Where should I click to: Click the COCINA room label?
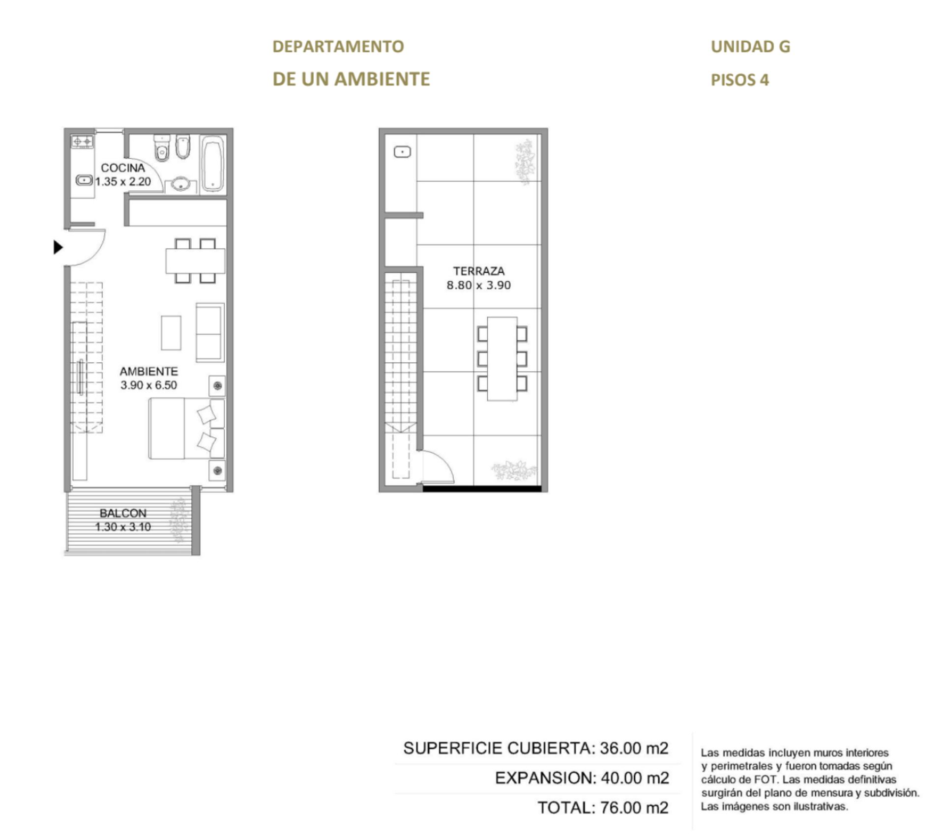tap(123, 168)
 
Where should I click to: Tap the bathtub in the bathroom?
tap(213, 164)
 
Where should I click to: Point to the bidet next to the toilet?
tap(183, 146)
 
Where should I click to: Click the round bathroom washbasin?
tap(181, 185)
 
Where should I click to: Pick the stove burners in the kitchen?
tap(83, 142)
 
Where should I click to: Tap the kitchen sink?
tap(84, 180)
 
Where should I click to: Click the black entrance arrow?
tap(59, 247)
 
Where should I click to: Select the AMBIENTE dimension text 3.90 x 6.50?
tap(148, 385)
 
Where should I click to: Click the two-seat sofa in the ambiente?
tap(210, 333)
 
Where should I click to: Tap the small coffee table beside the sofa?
tap(171, 333)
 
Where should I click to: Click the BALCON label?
tap(123, 513)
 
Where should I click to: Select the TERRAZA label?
tap(479, 271)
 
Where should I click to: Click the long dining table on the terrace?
tap(502, 359)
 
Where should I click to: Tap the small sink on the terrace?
tap(403, 152)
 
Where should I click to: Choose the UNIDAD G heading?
tap(751, 47)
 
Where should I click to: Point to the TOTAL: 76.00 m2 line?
tap(603, 808)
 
